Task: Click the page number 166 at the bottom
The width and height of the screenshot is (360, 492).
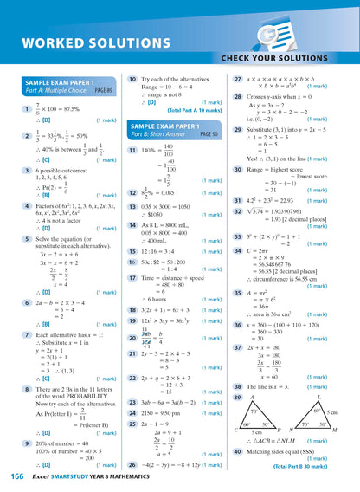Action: tap(16, 476)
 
